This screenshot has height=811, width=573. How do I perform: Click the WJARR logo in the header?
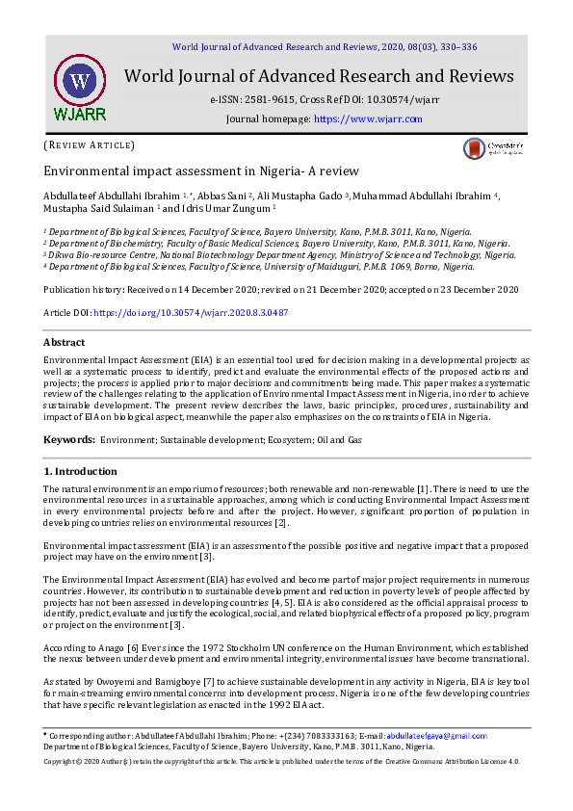[x=81, y=87]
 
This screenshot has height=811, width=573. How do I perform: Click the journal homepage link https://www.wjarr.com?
[x=368, y=118]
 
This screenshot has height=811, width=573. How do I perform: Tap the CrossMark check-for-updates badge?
[x=492, y=148]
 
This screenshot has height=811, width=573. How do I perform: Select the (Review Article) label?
[x=89, y=145]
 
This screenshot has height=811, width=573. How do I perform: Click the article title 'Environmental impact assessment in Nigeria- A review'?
[x=200, y=171]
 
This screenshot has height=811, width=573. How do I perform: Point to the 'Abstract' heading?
[x=65, y=342]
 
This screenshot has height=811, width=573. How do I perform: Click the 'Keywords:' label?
[x=69, y=439]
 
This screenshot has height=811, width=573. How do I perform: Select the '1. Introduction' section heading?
[x=81, y=471]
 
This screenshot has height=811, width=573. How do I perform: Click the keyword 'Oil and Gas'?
[x=340, y=439]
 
